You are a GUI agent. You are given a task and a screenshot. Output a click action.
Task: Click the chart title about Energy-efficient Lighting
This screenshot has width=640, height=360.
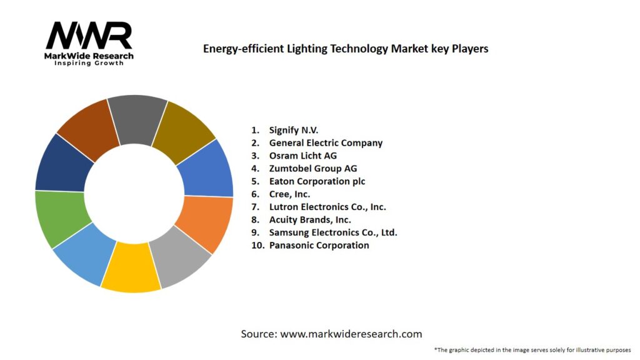point(346,48)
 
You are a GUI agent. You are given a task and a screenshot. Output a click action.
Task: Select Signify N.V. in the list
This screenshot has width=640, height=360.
point(293,130)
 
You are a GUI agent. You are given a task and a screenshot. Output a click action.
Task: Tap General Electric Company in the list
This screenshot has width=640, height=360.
point(326,142)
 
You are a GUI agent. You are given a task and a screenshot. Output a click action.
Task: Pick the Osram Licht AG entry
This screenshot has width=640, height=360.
point(302,156)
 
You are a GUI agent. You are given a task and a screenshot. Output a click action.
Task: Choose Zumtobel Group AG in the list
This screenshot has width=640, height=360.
point(312,168)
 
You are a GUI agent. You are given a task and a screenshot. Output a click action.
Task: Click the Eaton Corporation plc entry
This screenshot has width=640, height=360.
point(317,181)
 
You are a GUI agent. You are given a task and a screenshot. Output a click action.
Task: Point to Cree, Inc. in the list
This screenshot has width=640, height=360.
point(289,194)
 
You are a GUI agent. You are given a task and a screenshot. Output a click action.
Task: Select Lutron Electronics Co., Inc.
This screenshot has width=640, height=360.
point(327,207)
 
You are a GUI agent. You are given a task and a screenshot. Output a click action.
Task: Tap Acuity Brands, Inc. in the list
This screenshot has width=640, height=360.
point(310,219)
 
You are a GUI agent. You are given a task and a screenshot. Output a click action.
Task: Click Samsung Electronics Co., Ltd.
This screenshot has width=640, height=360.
point(333,232)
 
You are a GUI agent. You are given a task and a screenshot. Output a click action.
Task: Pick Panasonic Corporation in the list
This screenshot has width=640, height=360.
point(319,245)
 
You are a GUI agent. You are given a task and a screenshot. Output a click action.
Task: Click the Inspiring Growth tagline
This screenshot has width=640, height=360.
point(89,63)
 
